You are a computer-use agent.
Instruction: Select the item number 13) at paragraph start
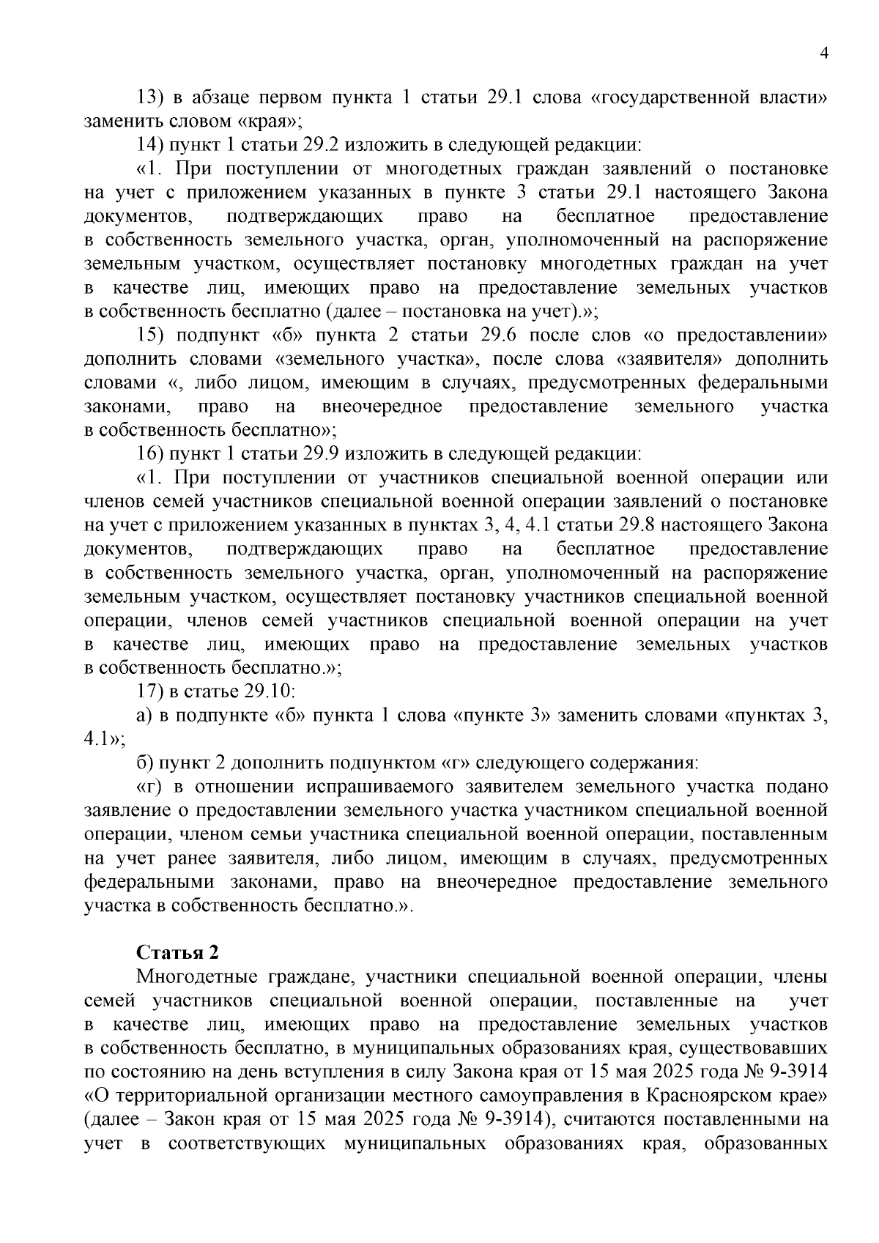click(x=154, y=97)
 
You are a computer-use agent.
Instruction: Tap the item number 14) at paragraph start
click(x=154, y=145)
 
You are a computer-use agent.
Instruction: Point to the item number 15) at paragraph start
click(x=154, y=335)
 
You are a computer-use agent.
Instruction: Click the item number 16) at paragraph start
click(x=154, y=454)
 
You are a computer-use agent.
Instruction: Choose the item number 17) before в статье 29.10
click(x=154, y=691)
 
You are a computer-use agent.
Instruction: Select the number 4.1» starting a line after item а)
click(x=104, y=739)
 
